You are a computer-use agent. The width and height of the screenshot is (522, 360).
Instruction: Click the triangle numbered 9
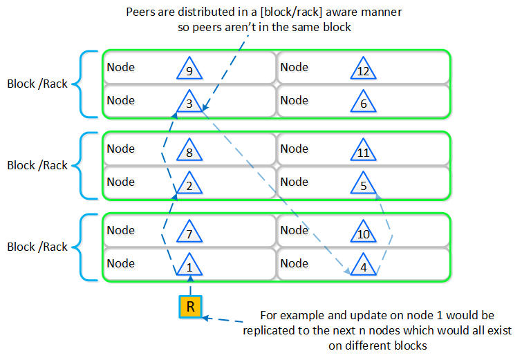[189, 69]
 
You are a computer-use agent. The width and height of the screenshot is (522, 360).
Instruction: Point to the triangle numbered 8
[189, 151]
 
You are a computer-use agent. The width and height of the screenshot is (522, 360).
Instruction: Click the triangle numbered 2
[189, 184]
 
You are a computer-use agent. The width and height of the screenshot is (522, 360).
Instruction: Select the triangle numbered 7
[189, 232]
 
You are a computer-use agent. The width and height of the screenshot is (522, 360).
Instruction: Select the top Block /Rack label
[37, 84]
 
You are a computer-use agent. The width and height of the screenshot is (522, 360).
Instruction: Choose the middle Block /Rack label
[37, 165]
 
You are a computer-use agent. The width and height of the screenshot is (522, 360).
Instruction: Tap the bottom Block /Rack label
[37, 247]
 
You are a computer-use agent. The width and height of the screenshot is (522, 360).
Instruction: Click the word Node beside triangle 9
[120, 67]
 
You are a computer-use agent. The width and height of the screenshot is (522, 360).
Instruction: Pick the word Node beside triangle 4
[294, 263]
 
